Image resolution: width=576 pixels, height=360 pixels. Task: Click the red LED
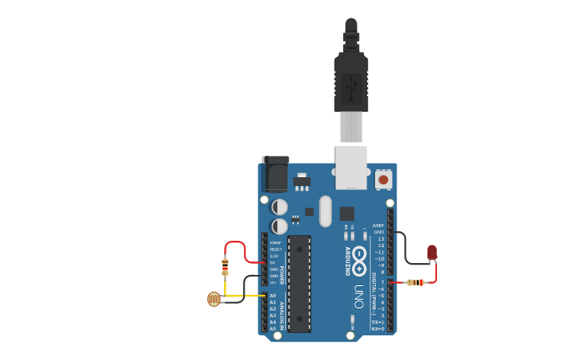(431, 253)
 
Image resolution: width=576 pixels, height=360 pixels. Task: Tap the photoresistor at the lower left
(214, 299)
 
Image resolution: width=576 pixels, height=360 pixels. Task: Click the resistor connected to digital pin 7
(413, 282)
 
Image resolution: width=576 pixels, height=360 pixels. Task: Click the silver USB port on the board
(351, 167)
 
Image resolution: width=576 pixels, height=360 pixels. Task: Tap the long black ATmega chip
(299, 283)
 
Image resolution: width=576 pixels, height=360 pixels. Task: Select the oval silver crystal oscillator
(325, 211)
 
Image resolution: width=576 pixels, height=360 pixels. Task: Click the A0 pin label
(273, 296)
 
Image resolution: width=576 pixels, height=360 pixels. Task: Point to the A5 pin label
(273, 328)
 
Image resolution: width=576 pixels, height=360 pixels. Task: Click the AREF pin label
(378, 226)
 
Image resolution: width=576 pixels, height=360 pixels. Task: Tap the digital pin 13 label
(381, 238)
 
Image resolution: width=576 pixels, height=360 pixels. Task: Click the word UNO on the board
(359, 296)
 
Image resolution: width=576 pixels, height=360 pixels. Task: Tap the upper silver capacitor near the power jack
(280, 207)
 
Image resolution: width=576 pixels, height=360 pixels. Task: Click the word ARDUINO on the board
(346, 261)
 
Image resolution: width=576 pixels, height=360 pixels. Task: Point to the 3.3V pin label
(274, 256)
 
